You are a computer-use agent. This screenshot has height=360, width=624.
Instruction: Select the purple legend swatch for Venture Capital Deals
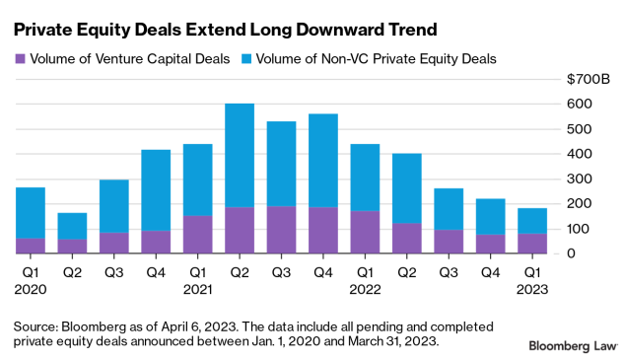(20, 59)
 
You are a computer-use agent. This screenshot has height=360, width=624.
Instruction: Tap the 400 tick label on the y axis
(580, 154)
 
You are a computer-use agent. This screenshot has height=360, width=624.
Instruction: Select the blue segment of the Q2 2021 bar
(240, 155)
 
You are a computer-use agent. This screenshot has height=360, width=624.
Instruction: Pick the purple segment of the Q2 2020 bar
(72, 247)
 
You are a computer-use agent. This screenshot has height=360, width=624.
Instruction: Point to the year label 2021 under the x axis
(198, 289)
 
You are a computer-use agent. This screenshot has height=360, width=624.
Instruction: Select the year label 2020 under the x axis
(30, 289)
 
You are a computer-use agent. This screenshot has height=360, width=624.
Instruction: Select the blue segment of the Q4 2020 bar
(156, 190)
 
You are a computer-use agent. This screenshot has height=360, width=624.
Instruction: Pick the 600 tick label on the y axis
(580, 104)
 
